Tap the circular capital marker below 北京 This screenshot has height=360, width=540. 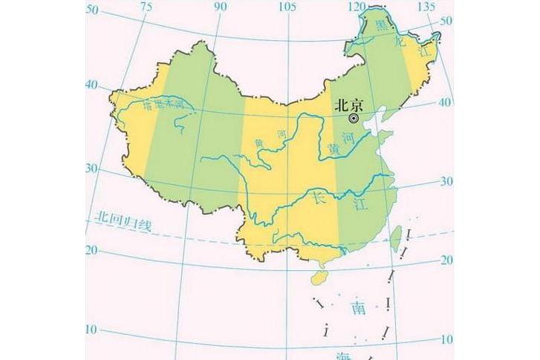(354, 117)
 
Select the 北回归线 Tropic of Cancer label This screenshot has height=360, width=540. (123, 221)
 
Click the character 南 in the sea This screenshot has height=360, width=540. (358, 307)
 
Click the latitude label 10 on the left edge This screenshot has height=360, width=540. (92, 328)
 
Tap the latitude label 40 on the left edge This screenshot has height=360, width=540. (92, 85)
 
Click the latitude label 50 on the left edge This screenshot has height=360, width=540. (92, 9)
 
